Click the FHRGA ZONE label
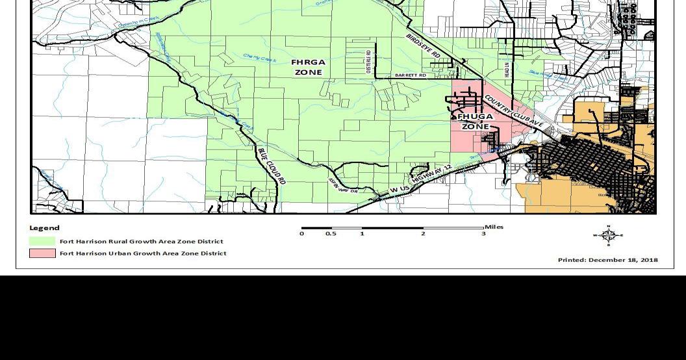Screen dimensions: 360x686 tap(309, 68)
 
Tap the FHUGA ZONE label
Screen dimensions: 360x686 tap(475, 122)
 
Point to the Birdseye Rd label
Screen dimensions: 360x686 tap(423, 46)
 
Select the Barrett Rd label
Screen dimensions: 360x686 tap(411, 75)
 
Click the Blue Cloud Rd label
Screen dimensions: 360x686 tap(272, 166)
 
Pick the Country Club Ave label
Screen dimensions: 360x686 tap(513, 110)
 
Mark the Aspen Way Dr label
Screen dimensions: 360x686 tap(342, 186)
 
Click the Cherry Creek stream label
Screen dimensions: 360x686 tap(259, 57)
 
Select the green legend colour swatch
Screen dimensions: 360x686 tap(42, 241)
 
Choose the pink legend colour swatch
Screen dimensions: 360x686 tap(42, 253)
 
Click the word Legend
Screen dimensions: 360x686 tap(44, 228)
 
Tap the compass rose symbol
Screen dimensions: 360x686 tap(608, 235)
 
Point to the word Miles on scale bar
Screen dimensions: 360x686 tap(494, 227)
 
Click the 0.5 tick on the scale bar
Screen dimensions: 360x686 tap(331, 234)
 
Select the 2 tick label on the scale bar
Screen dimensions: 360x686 tap(423, 234)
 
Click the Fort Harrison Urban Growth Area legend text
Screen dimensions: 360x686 tap(143, 253)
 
